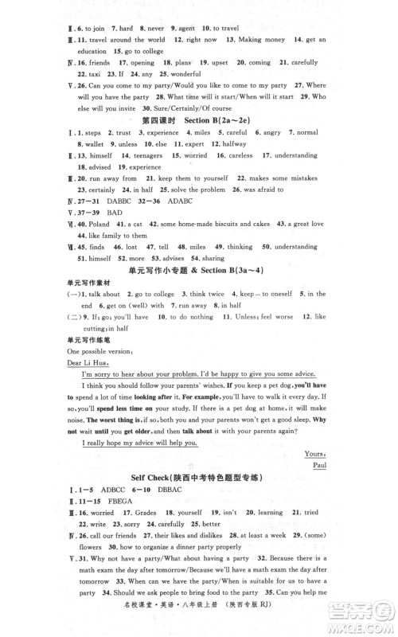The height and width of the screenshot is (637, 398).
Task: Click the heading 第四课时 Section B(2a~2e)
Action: click(198, 119)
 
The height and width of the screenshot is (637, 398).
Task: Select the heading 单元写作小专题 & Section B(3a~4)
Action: click(198, 272)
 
